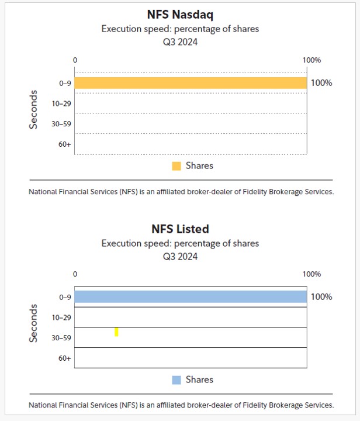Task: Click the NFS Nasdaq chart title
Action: [179, 15]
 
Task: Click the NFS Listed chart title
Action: [179, 229]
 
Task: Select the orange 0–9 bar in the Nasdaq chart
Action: [191, 83]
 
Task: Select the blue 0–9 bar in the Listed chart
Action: [191, 297]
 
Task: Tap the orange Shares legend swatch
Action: [176, 166]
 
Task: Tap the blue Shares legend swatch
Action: [176, 380]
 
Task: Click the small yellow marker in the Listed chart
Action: [116, 332]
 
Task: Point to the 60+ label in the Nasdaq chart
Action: [64, 144]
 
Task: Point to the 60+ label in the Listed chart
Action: [64, 358]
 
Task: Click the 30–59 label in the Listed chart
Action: [61, 338]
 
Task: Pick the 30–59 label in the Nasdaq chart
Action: [61, 124]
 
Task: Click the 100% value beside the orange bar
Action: [321, 83]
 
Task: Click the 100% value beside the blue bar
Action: [321, 297]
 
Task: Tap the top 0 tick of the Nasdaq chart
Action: [75, 60]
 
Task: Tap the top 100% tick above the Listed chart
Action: [311, 274]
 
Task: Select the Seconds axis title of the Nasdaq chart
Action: [34, 109]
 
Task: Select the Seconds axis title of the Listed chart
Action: [34, 323]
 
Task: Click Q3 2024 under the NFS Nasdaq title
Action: [180, 42]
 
